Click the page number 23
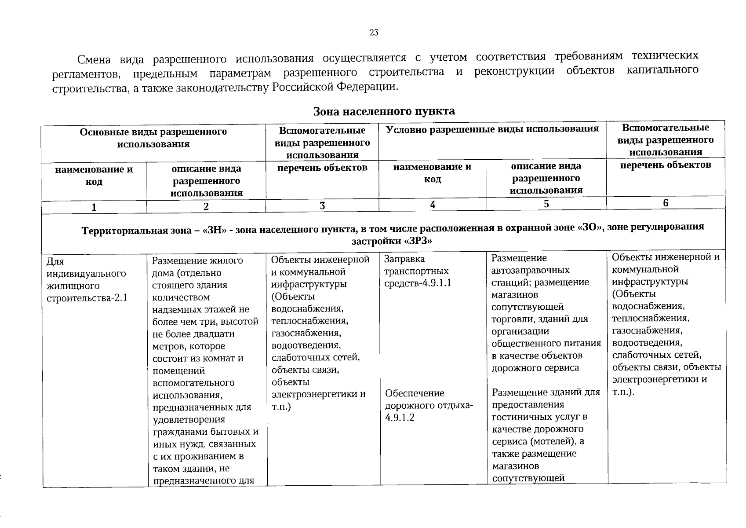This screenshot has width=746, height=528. click(x=374, y=33)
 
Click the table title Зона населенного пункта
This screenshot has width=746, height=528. click(x=384, y=111)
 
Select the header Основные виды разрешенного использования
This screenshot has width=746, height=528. click(x=153, y=138)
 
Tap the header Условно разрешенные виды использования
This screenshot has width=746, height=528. click(x=492, y=128)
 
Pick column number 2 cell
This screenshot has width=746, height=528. click(x=206, y=206)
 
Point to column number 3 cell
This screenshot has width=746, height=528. click(x=322, y=205)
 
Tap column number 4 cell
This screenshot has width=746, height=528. click(x=433, y=205)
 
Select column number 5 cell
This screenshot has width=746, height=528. click(x=546, y=204)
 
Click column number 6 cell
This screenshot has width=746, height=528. click(x=666, y=203)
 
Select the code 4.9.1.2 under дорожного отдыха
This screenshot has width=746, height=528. click(x=400, y=418)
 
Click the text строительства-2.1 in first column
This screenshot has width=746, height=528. click(x=87, y=298)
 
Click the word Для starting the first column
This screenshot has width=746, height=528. click(x=55, y=261)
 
